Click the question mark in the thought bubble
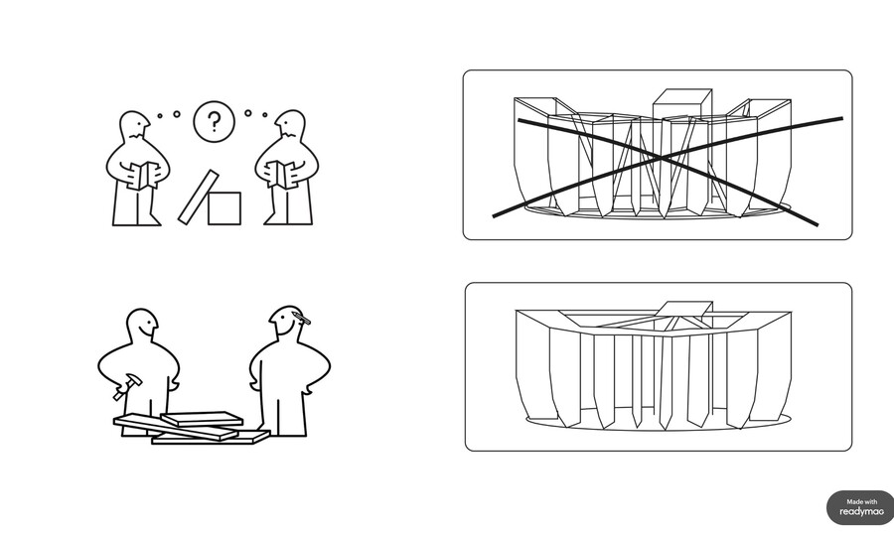point(214,121)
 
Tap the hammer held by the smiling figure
point(126,386)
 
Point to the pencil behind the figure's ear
point(301,318)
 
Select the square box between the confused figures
point(224,208)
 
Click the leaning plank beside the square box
point(199,197)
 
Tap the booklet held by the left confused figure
point(142,175)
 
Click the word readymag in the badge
point(861,512)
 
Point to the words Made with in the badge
point(862,501)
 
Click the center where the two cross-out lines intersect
point(662,157)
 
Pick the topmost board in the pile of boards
point(202,419)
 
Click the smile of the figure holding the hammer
point(149,330)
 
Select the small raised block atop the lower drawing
point(684,309)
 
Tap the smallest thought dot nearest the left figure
point(160,116)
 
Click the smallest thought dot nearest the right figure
point(265,115)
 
